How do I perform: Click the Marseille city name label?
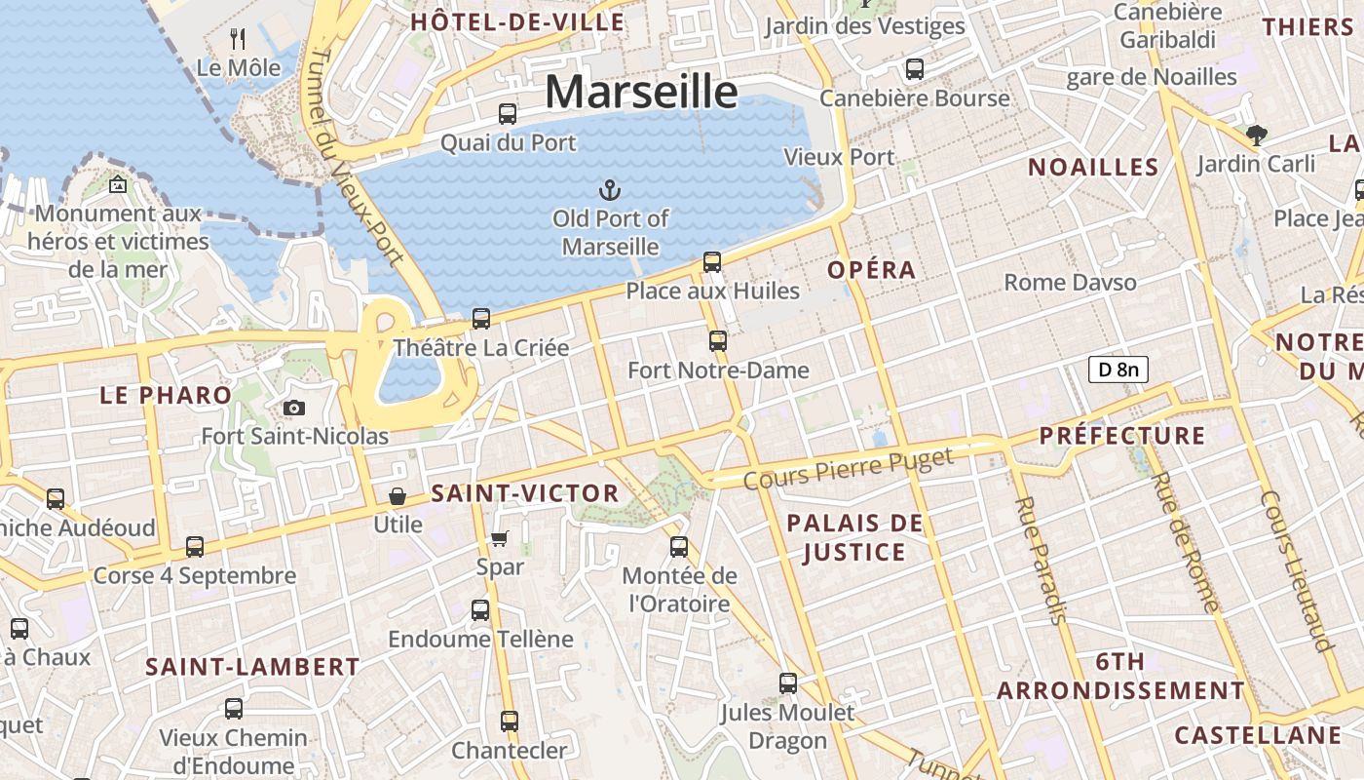click(641, 92)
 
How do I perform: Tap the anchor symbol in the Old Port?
click(610, 189)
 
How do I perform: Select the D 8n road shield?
click(1118, 370)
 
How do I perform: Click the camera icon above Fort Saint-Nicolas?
click(294, 408)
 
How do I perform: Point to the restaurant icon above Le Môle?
click(237, 39)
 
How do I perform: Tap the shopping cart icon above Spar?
click(500, 538)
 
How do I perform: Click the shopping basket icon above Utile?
click(398, 496)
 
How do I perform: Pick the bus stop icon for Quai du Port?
click(508, 114)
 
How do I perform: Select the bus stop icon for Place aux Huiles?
click(712, 262)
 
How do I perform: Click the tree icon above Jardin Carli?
click(1256, 136)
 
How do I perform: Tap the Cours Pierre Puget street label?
click(848, 469)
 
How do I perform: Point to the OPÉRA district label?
click(872, 270)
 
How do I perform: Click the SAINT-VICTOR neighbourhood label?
click(525, 493)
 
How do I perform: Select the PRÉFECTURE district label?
click(1122, 436)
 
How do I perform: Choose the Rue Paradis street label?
click(1042, 560)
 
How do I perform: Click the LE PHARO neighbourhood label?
click(167, 395)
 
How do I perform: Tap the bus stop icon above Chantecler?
click(510, 721)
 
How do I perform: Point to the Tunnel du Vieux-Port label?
click(352, 156)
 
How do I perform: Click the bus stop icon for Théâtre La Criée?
click(480, 319)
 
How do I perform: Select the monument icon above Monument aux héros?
click(118, 184)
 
